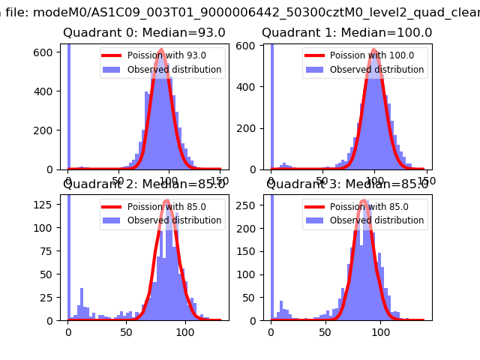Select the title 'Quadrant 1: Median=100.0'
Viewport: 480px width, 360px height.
(346, 33)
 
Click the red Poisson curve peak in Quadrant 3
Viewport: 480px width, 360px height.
(364, 201)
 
